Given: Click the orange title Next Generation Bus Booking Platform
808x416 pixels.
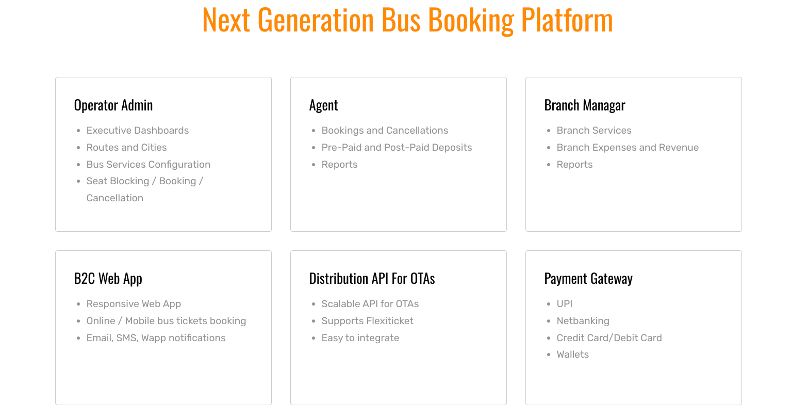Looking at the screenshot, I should [x=407, y=21].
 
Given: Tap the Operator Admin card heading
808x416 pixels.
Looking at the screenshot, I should [x=113, y=105].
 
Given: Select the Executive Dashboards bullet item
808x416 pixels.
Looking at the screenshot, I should [x=138, y=131].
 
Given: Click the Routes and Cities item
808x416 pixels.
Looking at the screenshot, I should [x=126, y=148].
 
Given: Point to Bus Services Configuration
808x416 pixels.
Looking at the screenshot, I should [x=149, y=165].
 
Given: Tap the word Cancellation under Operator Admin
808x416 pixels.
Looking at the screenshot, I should [x=115, y=198].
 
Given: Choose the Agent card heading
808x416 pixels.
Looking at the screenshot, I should [x=323, y=105].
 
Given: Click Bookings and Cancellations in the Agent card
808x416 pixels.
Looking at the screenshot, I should [x=385, y=131].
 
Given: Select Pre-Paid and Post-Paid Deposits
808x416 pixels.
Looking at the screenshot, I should [x=397, y=148].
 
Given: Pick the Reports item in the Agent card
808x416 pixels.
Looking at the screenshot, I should [x=339, y=165].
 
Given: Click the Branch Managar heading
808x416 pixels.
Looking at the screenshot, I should [x=585, y=105].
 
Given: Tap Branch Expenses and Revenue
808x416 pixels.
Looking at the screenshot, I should [x=628, y=148].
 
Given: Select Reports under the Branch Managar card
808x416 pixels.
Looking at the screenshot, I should [x=574, y=165].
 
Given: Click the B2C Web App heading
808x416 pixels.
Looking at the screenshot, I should [x=108, y=279].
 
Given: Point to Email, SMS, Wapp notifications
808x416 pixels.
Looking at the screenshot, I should [x=156, y=338].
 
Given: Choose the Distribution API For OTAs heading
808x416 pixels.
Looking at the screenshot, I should [x=372, y=279].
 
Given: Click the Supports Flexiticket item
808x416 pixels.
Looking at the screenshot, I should [x=367, y=321].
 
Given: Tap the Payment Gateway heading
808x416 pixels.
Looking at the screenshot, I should [x=588, y=279].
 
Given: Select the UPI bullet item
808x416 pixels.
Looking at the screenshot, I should [x=565, y=304].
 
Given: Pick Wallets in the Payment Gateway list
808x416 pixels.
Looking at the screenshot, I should [x=572, y=355].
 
